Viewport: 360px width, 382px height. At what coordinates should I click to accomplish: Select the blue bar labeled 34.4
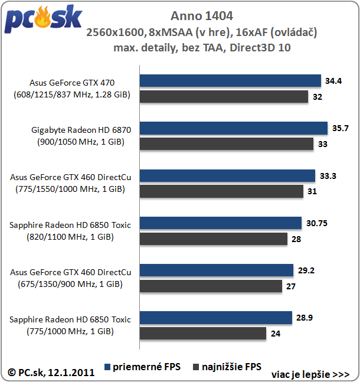tap(230, 81)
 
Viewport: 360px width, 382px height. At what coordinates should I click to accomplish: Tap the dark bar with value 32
tap(224, 96)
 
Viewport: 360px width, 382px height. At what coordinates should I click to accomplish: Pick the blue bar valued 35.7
tap(233, 128)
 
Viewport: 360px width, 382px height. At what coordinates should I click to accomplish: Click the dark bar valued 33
tap(227, 143)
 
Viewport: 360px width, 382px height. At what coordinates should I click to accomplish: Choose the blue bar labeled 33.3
tap(227, 175)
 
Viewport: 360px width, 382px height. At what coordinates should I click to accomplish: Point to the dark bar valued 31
tap(221, 191)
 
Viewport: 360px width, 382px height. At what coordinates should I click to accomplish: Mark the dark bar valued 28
tap(214, 239)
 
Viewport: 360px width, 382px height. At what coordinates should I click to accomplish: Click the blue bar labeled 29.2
tap(217, 270)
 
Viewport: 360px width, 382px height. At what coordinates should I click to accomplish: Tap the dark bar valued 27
tap(211, 286)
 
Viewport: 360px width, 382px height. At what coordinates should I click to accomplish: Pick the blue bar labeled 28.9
tap(216, 318)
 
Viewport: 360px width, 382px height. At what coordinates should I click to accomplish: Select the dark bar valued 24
tap(203, 333)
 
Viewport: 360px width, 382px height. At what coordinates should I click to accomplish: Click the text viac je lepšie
tap(310, 374)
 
